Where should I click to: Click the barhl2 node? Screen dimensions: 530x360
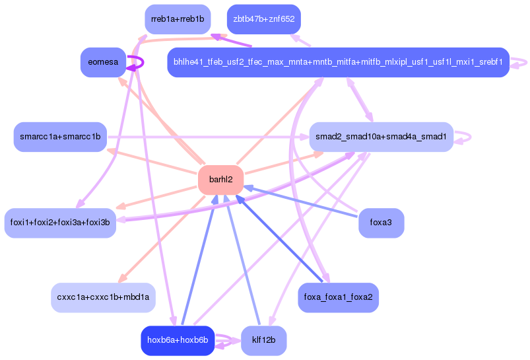coord(220,180)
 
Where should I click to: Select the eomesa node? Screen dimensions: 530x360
coord(103,62)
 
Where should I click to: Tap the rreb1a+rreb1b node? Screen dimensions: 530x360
coord(178,19)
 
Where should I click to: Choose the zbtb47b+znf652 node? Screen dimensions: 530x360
coord(264,19)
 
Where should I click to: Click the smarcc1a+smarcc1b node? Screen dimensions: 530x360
coord(60,137)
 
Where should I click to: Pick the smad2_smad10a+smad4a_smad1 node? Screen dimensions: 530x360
coord(381,137)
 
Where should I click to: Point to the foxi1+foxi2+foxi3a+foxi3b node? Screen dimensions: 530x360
coord(60,223)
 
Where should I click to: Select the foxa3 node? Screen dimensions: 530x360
coord(381,223)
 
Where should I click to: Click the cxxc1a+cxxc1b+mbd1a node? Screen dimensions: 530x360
coord(103,298)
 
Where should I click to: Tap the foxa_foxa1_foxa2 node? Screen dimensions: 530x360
coord(339,298)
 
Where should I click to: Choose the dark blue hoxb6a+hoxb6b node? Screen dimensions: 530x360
coord(178,341)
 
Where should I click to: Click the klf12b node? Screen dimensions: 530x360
coord(264,341)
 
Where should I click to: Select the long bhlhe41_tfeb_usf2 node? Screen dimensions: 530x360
coord(339,62)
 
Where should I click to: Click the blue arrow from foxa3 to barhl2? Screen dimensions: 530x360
coord(300,201)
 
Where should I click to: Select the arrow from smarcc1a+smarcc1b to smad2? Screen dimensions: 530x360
coord(208,137)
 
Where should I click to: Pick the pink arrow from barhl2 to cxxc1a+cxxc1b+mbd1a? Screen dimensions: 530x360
coord(162,239)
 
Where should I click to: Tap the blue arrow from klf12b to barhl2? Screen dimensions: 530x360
coord(243,260)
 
